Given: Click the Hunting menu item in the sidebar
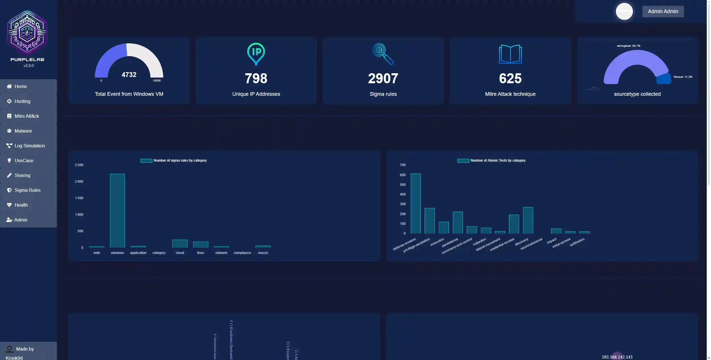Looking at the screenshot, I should tap(22, 101).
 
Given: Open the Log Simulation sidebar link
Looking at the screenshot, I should tap(29, 146).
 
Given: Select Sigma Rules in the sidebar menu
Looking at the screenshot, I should tap(27, 190).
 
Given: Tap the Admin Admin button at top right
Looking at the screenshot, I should tap(663, 11).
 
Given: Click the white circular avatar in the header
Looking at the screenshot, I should tap(624, 11).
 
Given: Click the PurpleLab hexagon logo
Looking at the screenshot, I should tap(27, 33).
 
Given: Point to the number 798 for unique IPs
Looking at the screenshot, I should tap(256, 78).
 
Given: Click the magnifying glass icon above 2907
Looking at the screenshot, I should tap(383, 54).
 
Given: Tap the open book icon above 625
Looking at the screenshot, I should tap(510, 54).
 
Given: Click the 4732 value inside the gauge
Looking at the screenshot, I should tap(129, 75).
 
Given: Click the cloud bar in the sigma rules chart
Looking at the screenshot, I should tap(180, 243).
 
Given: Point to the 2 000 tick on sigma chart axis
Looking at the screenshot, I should tap(79, 182).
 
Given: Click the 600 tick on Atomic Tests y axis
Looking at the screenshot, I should tap(402, 175).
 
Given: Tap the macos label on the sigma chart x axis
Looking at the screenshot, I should tap(263, 253).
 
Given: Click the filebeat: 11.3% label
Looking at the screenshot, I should tap(683, 77).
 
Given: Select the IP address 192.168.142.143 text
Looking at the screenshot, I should tap(617, 357).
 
